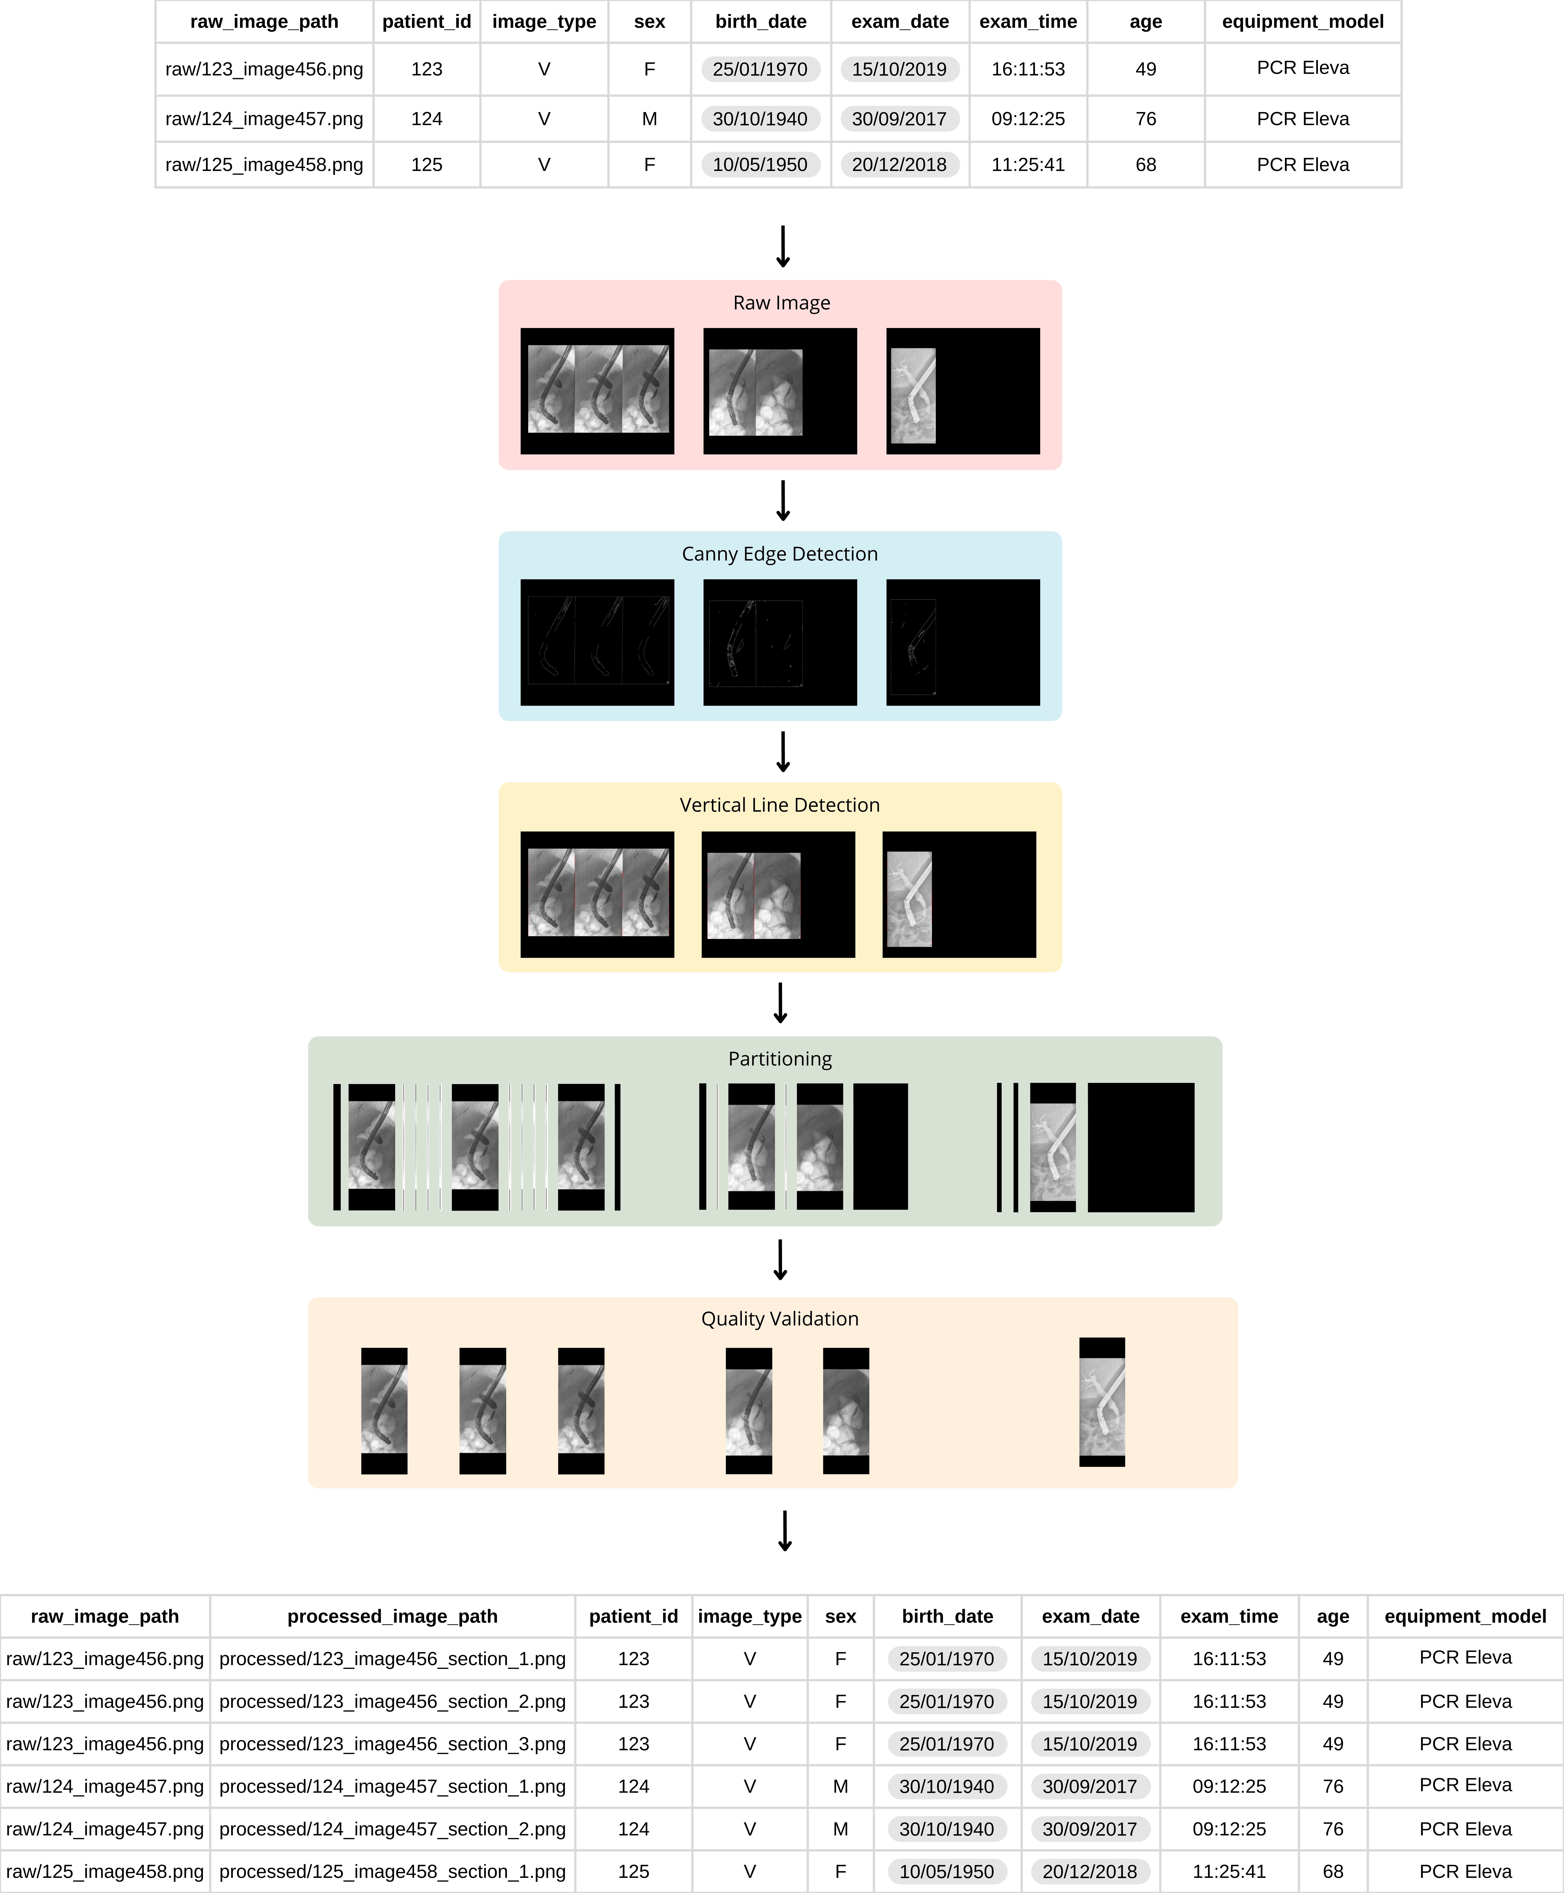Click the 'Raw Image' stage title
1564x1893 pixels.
[781, 303]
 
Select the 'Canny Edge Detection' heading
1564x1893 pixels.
[779, 554]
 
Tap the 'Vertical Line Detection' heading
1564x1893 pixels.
[779, 805]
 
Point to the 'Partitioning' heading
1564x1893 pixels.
[780, 1059]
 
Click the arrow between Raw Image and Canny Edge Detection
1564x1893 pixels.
[783, 501]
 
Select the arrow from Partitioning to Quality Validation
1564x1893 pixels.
[780, 1260]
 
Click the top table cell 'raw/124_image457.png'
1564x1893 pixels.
[264, 119]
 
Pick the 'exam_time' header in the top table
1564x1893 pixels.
[1028, 22]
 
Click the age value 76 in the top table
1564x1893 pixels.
[1145, 119]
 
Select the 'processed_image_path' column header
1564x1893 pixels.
[392, 1616]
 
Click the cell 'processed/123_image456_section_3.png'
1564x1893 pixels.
[392, 1743]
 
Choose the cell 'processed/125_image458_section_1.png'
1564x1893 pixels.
[392, 1871]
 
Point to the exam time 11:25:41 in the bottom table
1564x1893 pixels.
[1229, 1871]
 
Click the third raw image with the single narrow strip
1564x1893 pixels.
[962, 391]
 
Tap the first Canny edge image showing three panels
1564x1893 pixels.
[597, 643]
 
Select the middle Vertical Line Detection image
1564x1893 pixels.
[778, 895]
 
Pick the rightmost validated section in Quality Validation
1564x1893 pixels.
[1102, 1402]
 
